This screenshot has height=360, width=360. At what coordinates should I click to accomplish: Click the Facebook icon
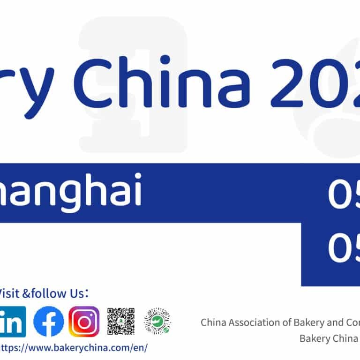pyautogui.click(x=49, y=322)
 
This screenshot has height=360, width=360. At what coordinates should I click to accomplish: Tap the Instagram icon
pyautogui.click(x=84, y=322)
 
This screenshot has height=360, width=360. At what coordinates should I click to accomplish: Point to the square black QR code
pyautogui.click(x=121, y=322)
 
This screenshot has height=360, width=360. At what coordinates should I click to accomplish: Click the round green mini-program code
pyautogui.click(x=157, y=322)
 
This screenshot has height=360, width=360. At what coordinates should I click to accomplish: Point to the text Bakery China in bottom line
pyautogui.click(x=323, y=338)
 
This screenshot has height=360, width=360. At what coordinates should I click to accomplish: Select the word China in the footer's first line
pyautogui.click(x=212, y=323)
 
